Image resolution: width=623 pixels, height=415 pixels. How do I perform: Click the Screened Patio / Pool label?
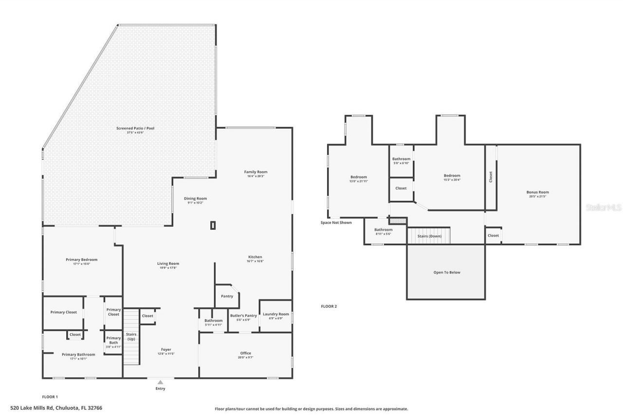135,128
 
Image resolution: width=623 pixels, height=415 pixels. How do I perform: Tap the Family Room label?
256,172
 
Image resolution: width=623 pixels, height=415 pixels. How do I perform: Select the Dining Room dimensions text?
195,203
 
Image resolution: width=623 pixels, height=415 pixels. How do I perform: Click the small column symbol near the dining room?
213,225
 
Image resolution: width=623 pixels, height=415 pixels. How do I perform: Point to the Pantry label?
227,296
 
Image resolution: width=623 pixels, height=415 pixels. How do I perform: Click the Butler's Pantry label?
243,315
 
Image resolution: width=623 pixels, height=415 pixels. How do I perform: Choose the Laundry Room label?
276,314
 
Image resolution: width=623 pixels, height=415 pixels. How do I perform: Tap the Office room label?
245,353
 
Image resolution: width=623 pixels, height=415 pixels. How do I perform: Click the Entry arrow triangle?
160,382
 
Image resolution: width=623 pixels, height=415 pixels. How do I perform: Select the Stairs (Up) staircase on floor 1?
131,337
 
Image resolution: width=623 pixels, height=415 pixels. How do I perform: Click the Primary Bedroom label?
81,259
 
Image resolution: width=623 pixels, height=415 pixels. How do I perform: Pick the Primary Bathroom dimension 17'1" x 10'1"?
78,359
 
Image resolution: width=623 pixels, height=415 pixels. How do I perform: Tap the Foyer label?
166,349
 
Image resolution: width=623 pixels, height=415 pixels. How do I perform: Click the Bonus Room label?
537,192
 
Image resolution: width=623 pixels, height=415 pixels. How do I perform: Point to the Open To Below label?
446,273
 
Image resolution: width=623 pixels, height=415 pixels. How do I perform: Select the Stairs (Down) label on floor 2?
429,236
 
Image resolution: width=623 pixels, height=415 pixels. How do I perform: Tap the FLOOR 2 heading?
329,306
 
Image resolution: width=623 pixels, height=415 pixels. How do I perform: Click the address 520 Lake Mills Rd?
56,408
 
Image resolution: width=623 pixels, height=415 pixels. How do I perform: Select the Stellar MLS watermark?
604,207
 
